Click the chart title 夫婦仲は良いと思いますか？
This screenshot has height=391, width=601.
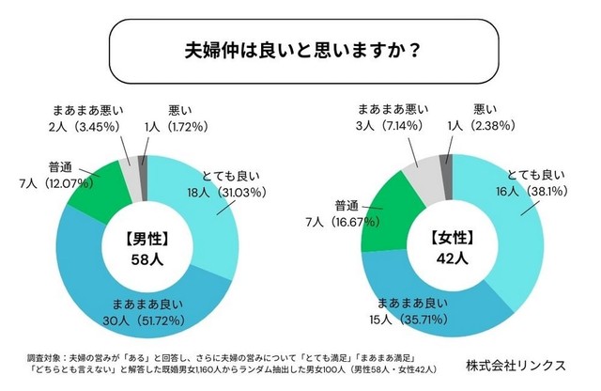pos(300,49)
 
